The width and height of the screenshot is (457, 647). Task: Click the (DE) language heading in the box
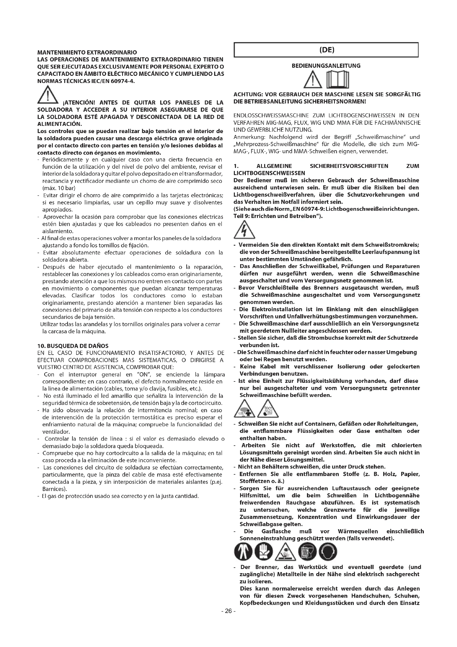pos(326,50)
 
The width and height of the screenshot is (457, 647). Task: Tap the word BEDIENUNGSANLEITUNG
pos(326,66)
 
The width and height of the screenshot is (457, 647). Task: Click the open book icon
pos(337,79)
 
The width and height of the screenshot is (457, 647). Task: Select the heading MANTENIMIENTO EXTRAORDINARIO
pos(87,52)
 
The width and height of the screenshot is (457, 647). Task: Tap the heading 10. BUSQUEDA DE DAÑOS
pos(73,346)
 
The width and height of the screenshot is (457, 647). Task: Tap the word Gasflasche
pos(276,531)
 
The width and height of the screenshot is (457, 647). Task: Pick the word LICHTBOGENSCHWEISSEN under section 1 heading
pos(269,173)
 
